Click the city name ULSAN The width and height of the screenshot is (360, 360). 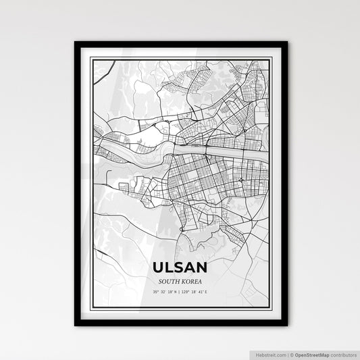pyautogui.click(x=180, y=267)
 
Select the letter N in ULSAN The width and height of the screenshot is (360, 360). pyautogui.click(x=202, y=267)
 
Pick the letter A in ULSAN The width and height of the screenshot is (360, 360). pyautogui.click(x=191, y=267)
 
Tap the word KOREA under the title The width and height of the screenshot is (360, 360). pyautogui.click(x=192, y=280)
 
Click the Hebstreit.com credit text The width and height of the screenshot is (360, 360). pyautogui.click(x=269, y=354)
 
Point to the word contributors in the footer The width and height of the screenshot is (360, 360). pyautogui.click(x=343, y=354)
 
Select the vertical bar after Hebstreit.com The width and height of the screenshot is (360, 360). pyautogui.click(x=288, y=354)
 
